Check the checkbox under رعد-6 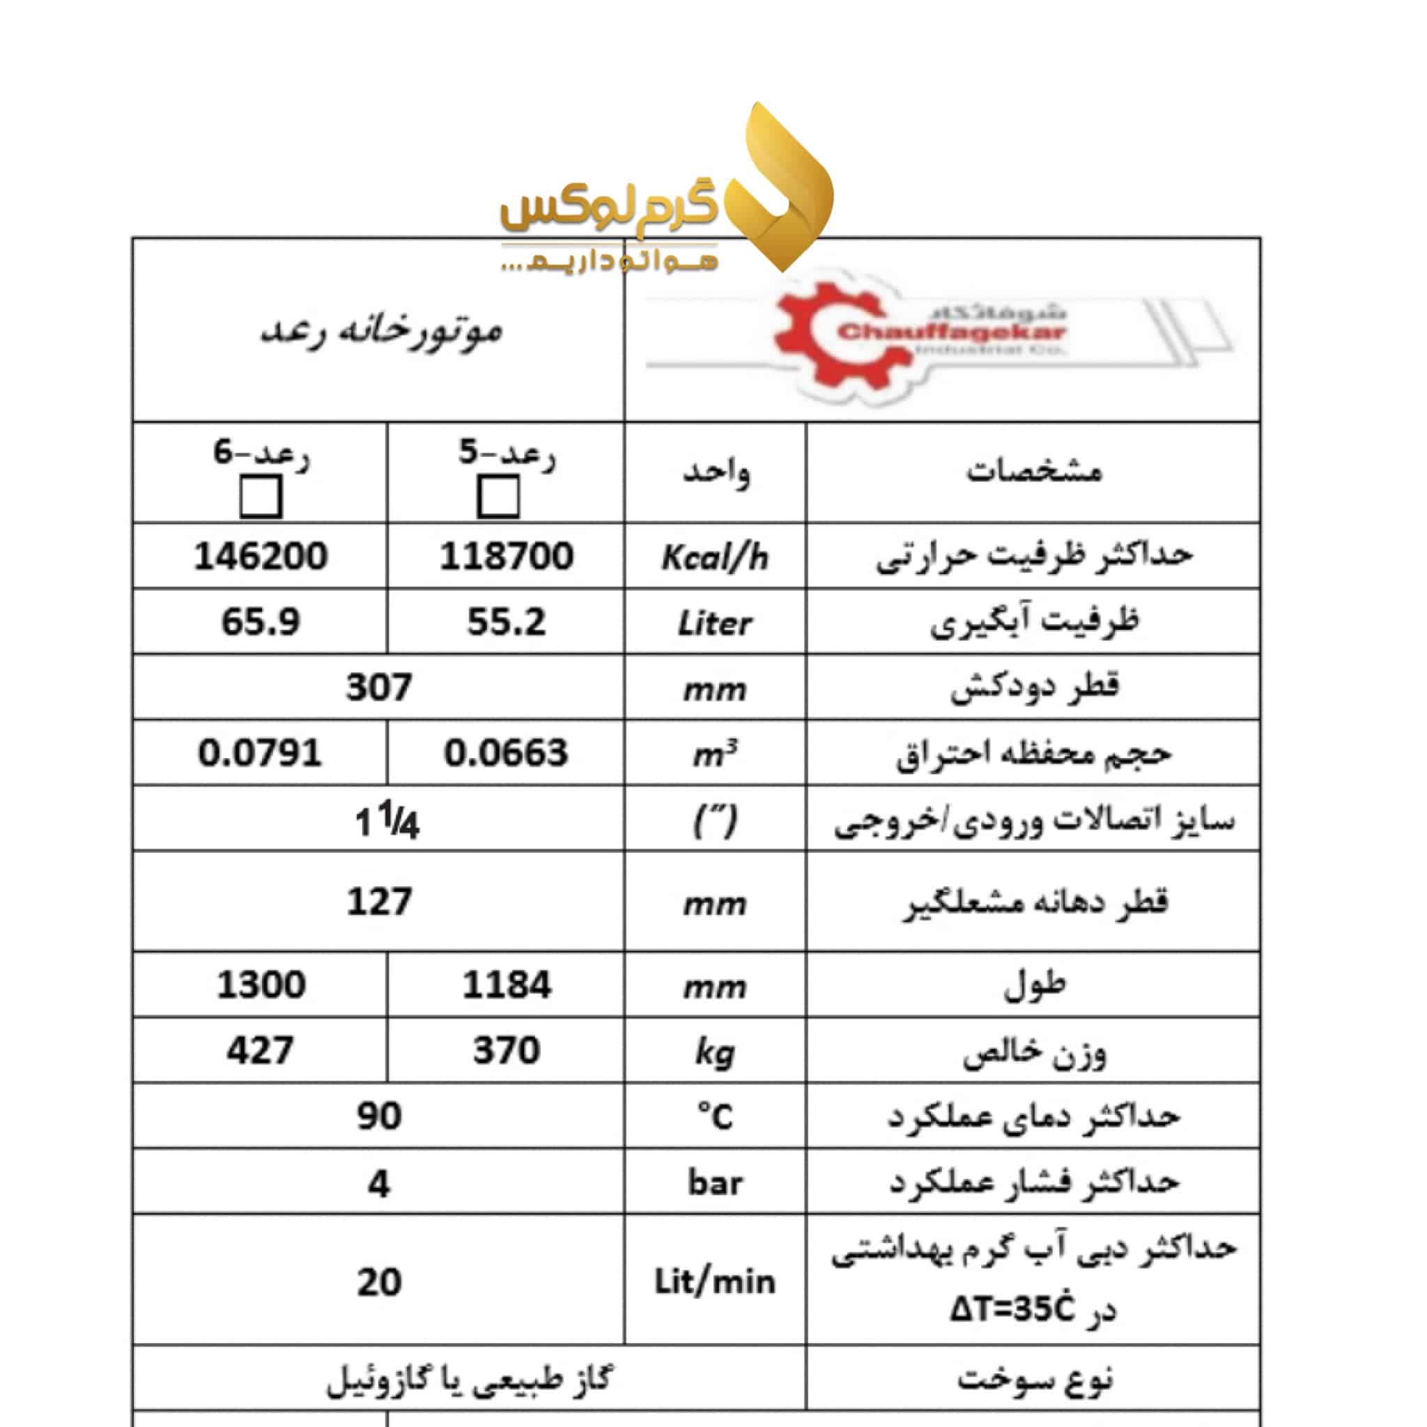[x=261, y=496]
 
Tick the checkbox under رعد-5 [x=497, y=496]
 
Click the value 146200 [x=261, y=555]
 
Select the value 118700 [x=507, y=555]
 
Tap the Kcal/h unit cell [x=714, y=557]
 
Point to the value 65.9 [x=261, y=621]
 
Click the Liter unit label [x=714, y=624]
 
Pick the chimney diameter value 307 [x=378, y=687]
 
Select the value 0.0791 [x=260, y=753]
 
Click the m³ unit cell [x=714, y=754]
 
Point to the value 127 [x=378, y=901]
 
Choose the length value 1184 [x=507, y=985]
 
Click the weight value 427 [x=260, y=1049]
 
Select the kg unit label [x=714, y=1051]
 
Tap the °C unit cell [x=714, y=1116]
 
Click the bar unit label [x=714, y=1182]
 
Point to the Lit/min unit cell [x=714, y=1281]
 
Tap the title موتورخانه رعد [x=380, y=330]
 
